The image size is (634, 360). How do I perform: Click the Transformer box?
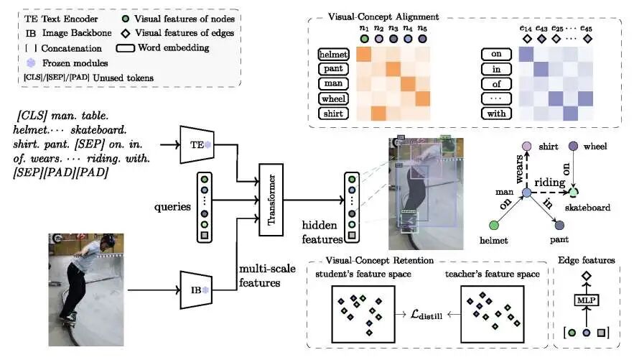(271, 200)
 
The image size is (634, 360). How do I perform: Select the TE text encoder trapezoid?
(197, 145)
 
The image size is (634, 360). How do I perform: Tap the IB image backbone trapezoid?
(196, 290)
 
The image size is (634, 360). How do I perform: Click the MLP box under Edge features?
(587, 300)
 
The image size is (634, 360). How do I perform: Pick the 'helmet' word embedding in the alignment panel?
(333, 54)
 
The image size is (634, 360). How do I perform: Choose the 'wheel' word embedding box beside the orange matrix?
(333, 98)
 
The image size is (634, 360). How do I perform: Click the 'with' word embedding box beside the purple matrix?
(496, 114)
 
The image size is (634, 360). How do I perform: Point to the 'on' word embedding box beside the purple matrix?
(496, 54)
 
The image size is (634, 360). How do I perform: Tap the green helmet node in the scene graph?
(494, 225)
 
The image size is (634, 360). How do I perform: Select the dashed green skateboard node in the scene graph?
(573, 192)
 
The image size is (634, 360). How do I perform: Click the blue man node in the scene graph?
(526, 193)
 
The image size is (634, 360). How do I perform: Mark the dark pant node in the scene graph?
(559, 225)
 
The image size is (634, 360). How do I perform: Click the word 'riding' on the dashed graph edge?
(549, 183)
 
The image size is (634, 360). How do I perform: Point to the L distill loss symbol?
(426, 315)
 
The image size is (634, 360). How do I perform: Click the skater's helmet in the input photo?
(108, 241)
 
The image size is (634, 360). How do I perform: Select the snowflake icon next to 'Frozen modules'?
(31, 63)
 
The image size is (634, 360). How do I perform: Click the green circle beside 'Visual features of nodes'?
(126, 19)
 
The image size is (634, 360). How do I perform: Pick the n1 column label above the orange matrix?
(364, 28)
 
